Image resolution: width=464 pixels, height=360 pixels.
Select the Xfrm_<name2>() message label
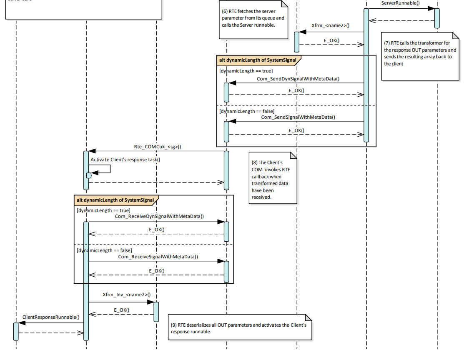coord(331,26)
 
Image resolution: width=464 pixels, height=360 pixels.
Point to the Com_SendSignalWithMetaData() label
coord(298,117)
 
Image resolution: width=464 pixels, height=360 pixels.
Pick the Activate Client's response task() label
coord(125,159)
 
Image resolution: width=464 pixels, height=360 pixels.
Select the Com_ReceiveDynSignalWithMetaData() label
coord(160,216)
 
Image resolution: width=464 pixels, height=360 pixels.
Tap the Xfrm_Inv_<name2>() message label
coord(126,295)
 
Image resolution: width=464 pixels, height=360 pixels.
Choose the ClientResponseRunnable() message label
coord(50,317)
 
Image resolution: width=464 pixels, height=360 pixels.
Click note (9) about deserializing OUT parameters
coord(239,328)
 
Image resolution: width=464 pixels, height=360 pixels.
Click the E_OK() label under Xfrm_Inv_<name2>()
coord(122,310)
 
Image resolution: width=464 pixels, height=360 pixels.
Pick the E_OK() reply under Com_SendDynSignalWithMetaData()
coord(296,90)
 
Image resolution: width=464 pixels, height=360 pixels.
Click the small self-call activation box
coord(88,175)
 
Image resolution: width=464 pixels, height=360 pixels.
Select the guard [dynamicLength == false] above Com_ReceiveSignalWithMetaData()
coord(104,250)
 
